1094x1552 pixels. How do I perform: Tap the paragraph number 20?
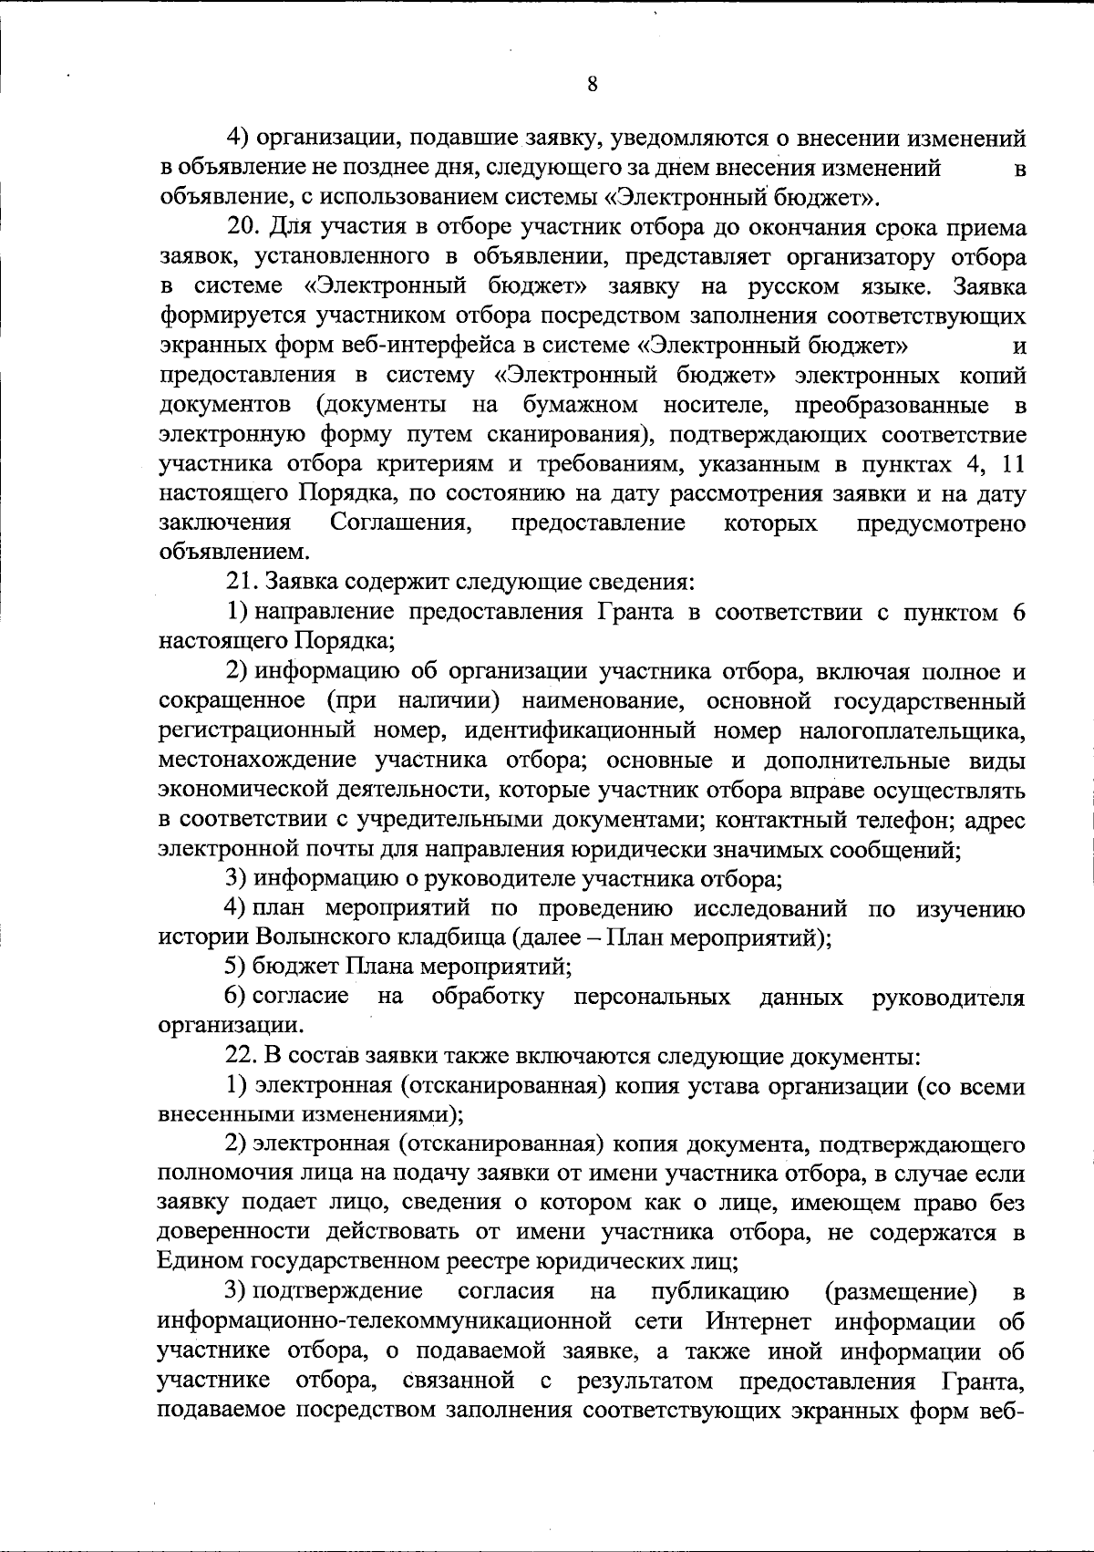coord(245,228)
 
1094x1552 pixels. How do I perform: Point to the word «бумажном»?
coord(581,405)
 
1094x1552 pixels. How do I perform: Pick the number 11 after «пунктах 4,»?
coord(1013,464)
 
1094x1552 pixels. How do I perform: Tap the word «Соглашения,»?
coord(400,523)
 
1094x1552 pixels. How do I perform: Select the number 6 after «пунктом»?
coord(1019,612)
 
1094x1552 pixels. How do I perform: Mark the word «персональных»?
coord(652,997)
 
